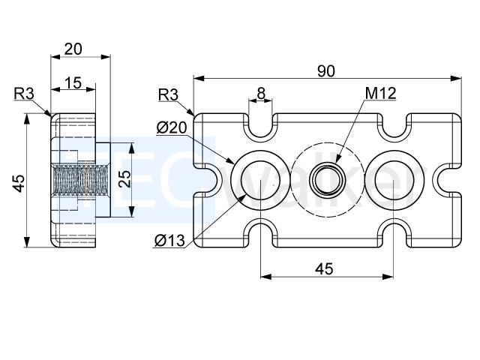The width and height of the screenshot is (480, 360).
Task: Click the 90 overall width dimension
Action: [326, 71]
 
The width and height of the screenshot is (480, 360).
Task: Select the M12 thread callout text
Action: [381, 93]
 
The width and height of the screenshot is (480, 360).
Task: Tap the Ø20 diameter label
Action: [172, 127]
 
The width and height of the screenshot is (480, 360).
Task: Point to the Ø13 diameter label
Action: [169, 240]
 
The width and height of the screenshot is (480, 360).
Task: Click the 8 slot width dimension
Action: [261, 94]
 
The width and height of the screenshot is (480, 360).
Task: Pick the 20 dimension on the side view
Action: [73, 49]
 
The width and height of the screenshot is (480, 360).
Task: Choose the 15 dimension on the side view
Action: [73, 82]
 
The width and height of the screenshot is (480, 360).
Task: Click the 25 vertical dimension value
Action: [125, 179]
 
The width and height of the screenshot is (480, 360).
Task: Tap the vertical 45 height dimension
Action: [19, 183]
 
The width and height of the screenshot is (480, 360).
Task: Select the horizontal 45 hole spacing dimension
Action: [324, 268]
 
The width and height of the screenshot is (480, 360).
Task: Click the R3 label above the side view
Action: [24, 94]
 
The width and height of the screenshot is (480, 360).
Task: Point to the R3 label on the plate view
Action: [168, 95]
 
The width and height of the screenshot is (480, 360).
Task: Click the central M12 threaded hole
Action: [327, 180]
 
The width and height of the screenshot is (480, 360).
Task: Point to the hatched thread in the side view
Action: [80, 180]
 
